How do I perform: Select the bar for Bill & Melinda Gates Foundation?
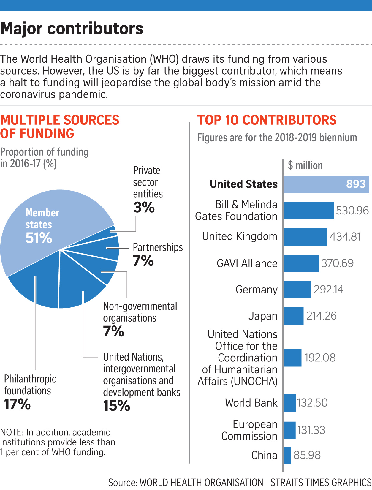(308, 211)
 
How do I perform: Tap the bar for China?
(287, 455)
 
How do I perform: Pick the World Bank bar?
(289, 403)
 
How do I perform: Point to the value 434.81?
(345, 237)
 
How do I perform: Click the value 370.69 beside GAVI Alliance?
(337, 263)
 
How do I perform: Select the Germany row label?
(257, 290)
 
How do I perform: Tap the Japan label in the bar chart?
(263, 316)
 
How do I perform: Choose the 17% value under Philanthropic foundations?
(17, 404)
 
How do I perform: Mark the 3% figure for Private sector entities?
(144, 207)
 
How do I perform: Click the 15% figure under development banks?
(116, 406)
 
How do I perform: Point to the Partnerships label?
(158, 247)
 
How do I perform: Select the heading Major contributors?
(72, 29)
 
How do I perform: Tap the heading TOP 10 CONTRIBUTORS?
(267, 120)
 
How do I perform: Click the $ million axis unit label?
(305, 165)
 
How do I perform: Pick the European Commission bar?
(289, 430)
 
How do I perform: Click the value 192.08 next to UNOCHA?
(320, 358)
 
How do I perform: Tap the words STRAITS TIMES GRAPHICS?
(321, 483)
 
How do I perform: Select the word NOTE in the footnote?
(11, 432)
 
